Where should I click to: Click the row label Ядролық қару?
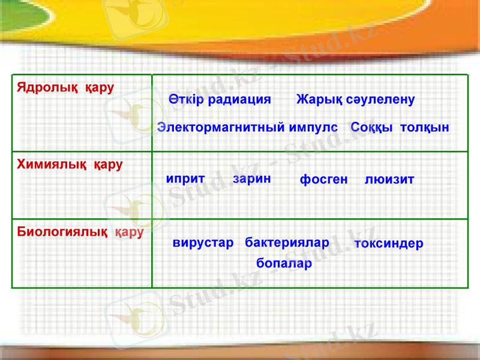click(x=65, y=88)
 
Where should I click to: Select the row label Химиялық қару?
click(x=70, y=164)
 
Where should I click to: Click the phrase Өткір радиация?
click(x=220, y=100)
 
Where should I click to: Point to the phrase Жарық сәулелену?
click(x=355, y=100)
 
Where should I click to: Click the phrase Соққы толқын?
click(x=400, y=128)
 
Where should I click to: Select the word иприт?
click(x=185, y=178)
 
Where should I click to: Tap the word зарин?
click(x=251, y=178)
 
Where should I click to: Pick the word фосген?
click(x=323, y=179)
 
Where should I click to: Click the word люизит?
click(x=389, y=179)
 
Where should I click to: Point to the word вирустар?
click(x=203, y=243)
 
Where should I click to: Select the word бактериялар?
click(x=287, y=243)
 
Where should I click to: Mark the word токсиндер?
click(x=389, y=244)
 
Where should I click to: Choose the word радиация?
click(x=239, y=100)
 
